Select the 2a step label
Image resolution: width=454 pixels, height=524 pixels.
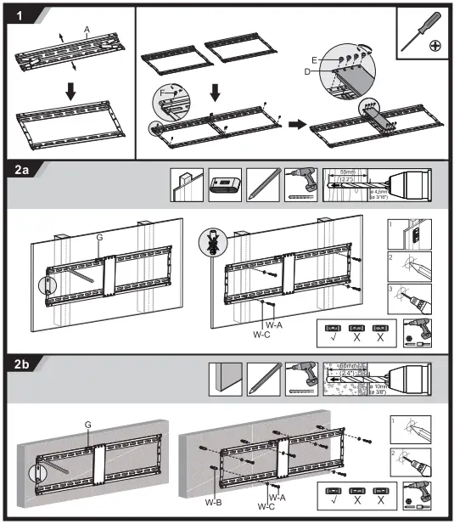point(23,170)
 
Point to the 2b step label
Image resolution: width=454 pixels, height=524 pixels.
point(23,363)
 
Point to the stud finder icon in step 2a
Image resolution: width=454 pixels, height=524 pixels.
point(224,185)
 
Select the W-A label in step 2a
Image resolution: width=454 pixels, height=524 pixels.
point(273,324)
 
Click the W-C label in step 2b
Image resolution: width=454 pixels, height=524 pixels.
point(266,506)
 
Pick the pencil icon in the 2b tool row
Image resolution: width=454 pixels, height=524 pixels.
point(261,379)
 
